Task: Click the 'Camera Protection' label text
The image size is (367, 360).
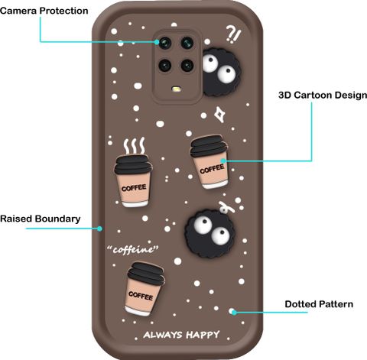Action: [44, 11]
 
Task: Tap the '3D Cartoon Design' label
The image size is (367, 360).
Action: [323, 96]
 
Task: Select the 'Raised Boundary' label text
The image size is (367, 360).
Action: [41, 219]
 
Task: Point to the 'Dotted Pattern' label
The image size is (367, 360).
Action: [319, 304]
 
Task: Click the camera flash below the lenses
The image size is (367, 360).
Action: [177, 89]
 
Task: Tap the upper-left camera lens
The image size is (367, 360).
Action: [165, 43]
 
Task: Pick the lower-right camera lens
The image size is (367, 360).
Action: [187, 65]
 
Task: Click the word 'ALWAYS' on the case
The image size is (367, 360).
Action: [163, 335]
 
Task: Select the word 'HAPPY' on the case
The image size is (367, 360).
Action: [203, 335]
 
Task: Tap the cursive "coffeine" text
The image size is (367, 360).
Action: [133, 250]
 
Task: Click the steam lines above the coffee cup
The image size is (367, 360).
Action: [135, 146]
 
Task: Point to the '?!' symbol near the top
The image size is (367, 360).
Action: [233, 34]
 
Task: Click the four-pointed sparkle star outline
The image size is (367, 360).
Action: [219, 115]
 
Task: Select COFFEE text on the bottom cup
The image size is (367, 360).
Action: [141, 297]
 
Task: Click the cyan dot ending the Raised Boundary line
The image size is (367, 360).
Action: [99, 229]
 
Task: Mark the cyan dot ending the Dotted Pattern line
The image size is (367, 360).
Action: [234, 312]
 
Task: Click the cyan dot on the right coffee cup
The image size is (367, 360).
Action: [223, 161]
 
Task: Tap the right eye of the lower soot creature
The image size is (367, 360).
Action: [219, 235]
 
